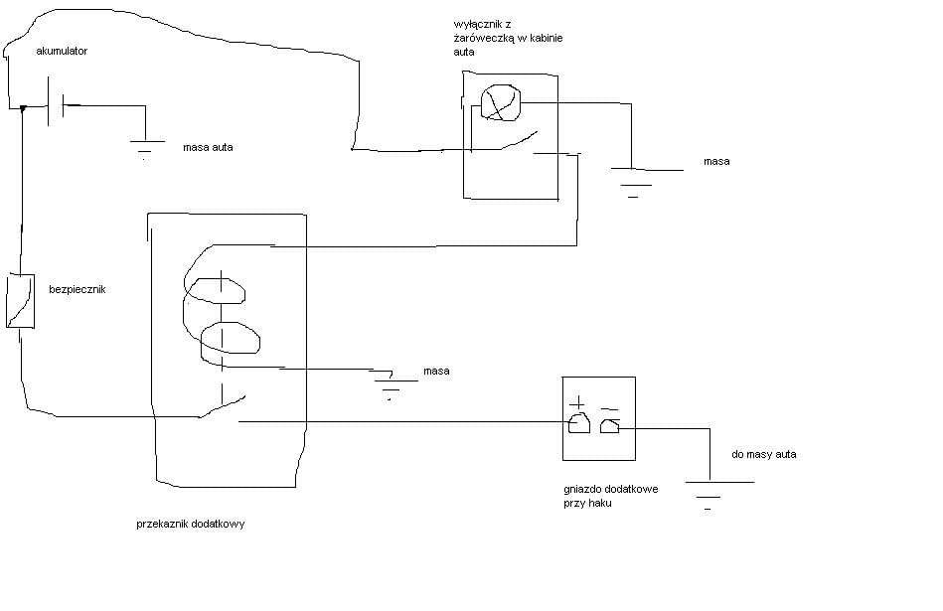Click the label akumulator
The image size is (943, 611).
[x=62, y=51]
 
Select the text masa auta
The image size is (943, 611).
[x=208, y=147]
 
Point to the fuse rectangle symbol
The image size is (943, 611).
[x=21, y=301]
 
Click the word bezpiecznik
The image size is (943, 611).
[x=77, y=289]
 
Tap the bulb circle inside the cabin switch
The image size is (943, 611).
[x=501, y=103]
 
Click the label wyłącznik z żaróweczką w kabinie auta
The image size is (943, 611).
[x=508, y=38]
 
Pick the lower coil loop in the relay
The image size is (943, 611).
[x=230, y=338]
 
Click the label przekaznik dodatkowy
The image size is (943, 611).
[x=190, y=524]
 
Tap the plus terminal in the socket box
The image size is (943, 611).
[x=579, y=423]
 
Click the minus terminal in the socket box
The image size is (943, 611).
[x=609, y=426]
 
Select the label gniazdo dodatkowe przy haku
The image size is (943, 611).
[x=610, y=496]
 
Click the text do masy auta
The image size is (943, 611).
[x=764, y=455]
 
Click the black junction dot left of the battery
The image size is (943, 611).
[x=24, y=108]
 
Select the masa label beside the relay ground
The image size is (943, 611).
[x=436, y=371]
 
